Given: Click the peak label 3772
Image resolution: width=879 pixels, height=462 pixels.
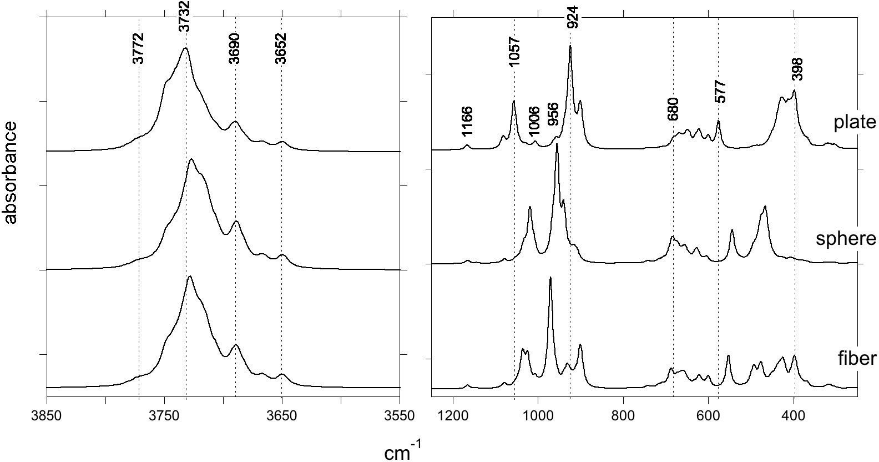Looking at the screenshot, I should coord(139,48).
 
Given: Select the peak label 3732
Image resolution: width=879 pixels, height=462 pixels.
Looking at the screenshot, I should coord(185,16).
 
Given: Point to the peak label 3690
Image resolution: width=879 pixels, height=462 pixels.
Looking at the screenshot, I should coord(234,48).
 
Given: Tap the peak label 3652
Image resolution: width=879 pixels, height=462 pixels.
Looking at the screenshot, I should coord(281,48).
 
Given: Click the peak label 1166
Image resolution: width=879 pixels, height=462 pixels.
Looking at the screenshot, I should coord(467,122).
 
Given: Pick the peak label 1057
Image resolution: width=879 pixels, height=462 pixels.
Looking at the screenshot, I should coord(514,52).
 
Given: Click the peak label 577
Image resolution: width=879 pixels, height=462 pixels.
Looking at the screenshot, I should coord(720,91).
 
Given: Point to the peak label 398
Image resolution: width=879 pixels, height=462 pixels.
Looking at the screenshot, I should coord(797,69).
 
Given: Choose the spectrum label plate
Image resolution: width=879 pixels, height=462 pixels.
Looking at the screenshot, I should coord(855,122).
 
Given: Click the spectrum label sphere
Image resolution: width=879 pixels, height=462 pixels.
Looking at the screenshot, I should coord(846,239).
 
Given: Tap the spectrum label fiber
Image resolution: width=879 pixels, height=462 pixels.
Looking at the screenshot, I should coord(857,358).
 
